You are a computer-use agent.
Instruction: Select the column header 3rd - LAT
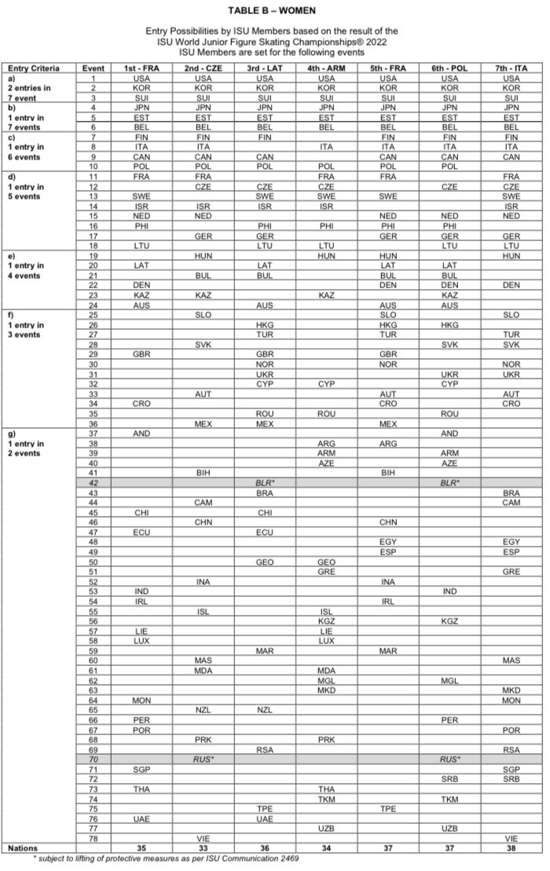click(x=264, y=69)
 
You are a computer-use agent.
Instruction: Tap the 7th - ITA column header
click(x=511, y=69)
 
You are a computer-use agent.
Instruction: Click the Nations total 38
click(x=511, y=847)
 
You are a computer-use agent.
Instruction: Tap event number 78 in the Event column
click(x=93, y=837)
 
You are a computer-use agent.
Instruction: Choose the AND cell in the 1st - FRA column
click(x=142, y=434)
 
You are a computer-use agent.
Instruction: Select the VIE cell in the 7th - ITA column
click(x=511, y=837)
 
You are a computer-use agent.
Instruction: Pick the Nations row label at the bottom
click(x=22, y=847)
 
